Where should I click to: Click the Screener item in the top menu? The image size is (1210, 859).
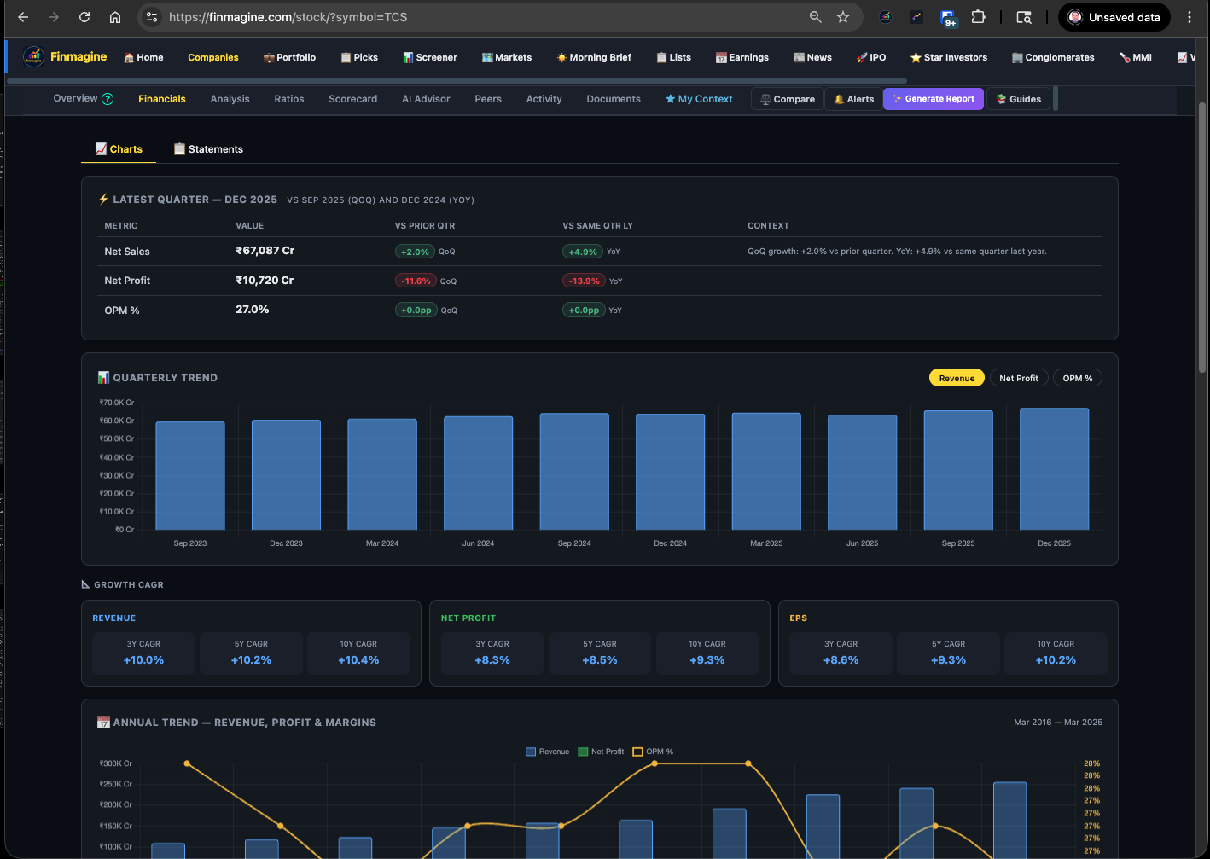click(x=430, y=57)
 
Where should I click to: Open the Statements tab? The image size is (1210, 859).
click(x=208, y=149)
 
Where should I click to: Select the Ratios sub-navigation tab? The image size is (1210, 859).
click(x=288, y=99)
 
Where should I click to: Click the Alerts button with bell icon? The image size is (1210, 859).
click(x=853, y=99)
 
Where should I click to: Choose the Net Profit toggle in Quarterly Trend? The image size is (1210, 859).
click(x=1018, y=378)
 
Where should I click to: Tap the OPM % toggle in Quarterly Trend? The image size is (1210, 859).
click(x=1077, y=378)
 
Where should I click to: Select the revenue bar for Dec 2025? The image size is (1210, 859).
click(x=1054, y=469)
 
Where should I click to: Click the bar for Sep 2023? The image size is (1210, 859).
click(x=190, y=476)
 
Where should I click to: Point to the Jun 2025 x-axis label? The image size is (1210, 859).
click(x=862, y=543)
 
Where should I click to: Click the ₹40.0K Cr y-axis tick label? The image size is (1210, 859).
click(x=117, y=457)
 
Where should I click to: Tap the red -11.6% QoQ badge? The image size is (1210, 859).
click(x=416, y=281)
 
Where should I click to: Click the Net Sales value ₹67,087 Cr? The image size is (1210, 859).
click(x=265, y=251)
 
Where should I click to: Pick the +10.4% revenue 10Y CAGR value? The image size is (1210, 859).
click(x=358, y=660)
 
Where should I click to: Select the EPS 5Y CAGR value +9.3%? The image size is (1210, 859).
click(x=948, y=660)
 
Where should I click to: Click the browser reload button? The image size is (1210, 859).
click(x=84, y=17)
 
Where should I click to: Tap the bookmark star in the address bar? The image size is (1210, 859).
click(x=843, y=17)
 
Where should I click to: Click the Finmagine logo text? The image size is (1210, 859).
click(x=79, y=57)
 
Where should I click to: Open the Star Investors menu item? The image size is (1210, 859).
click(x=949, y=57)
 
